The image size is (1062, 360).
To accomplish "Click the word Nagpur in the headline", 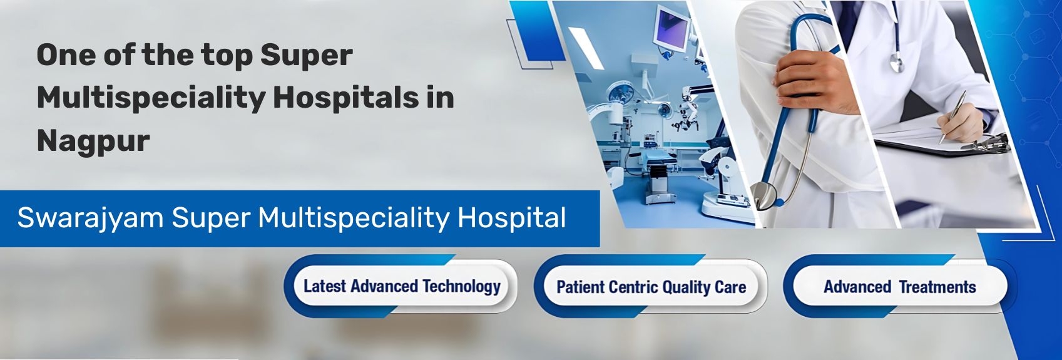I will [93, 141].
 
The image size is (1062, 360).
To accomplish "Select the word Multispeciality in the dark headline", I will [150, 98].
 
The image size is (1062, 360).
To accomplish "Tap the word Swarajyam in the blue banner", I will [90, 218].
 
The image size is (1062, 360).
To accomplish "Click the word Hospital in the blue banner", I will [511, 218].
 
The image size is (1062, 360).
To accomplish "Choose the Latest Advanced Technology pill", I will [401, 287].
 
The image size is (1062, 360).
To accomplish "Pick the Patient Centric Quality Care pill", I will [651, 287].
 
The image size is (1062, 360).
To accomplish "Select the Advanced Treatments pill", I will [899, 287].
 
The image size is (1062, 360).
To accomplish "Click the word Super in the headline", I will [306, 55].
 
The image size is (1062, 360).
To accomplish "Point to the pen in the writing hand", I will [952, 116].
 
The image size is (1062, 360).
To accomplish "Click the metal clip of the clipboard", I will [986, 143].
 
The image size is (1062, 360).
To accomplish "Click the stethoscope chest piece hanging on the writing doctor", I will [897, 62].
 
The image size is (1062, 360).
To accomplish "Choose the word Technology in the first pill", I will [461, 287].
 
